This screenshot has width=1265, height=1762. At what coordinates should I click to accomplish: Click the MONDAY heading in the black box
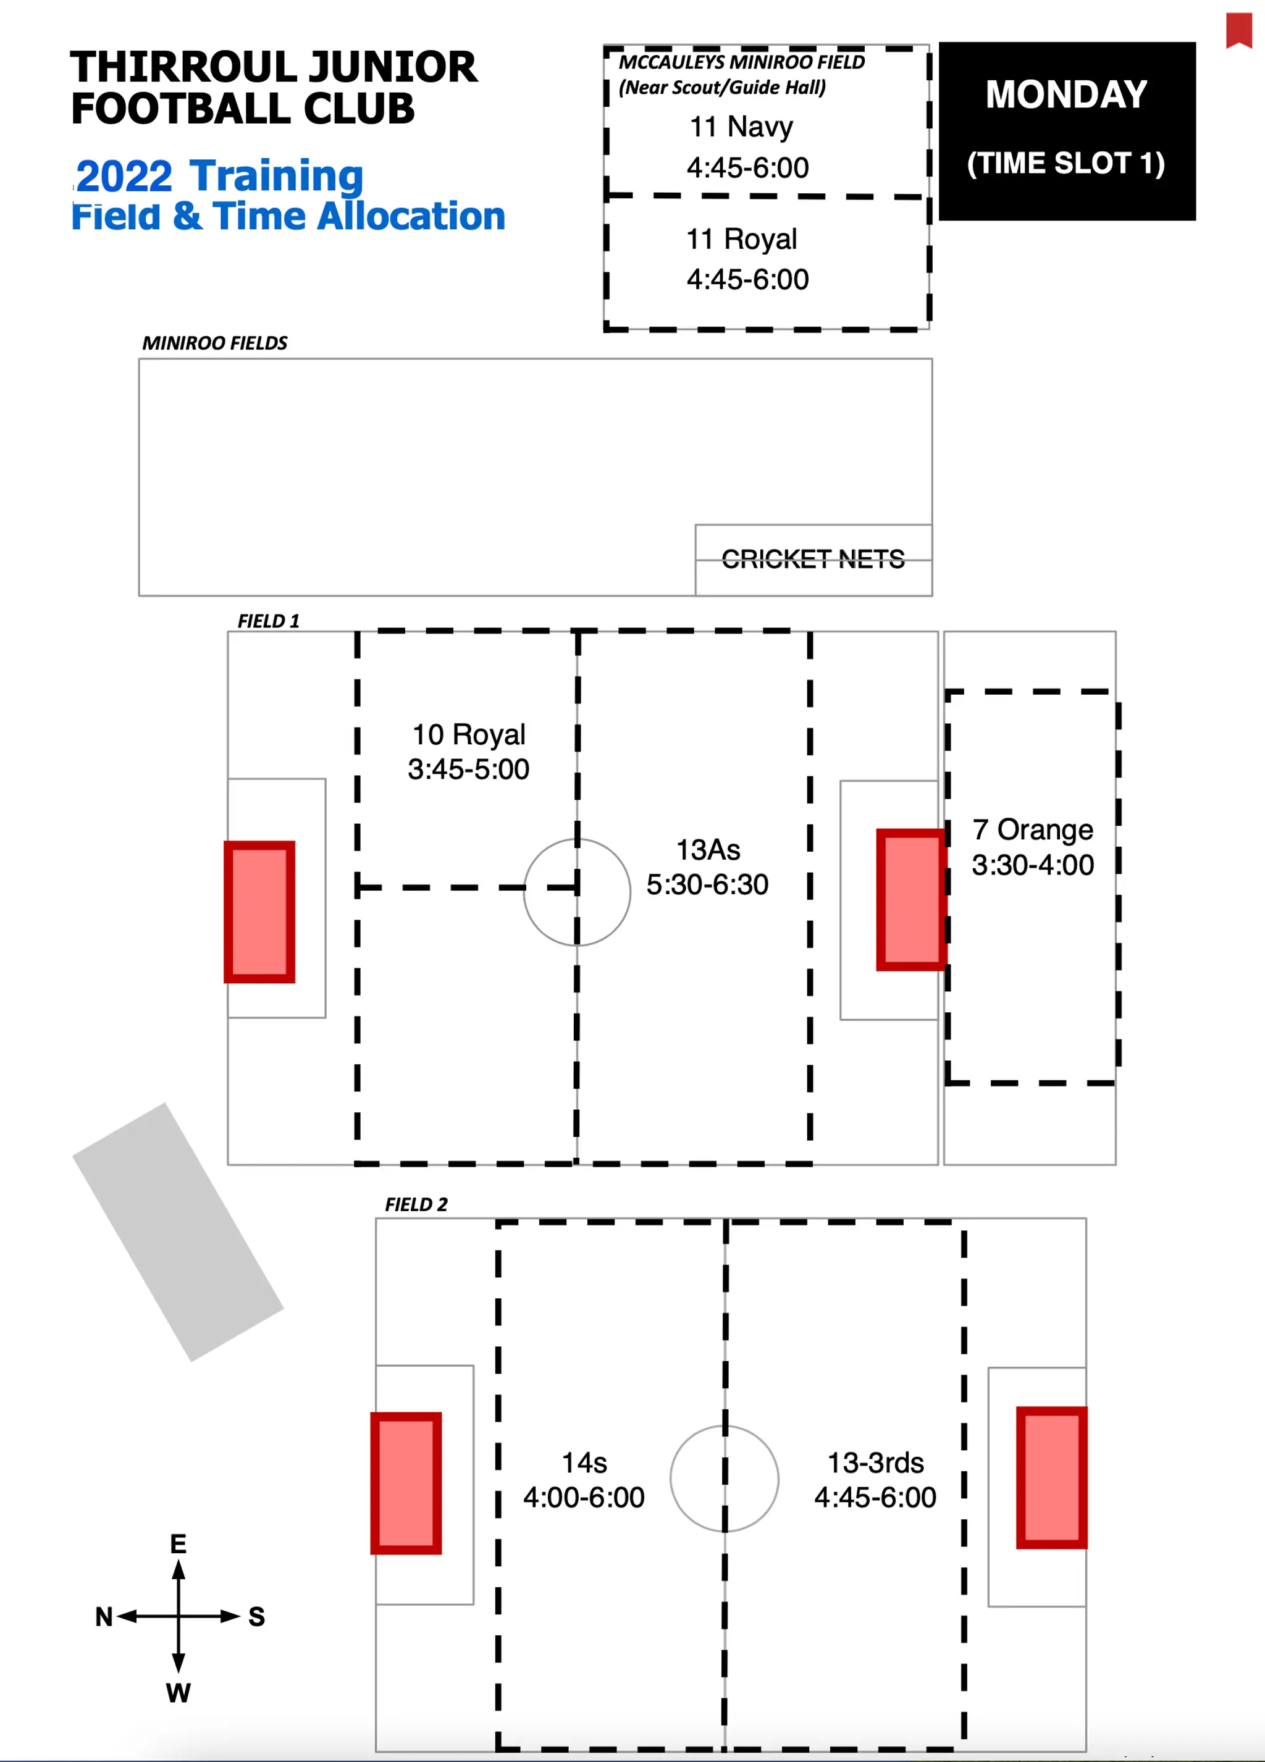click(1065, 94)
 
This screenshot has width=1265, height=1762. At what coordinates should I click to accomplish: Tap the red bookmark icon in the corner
click(1238, 30)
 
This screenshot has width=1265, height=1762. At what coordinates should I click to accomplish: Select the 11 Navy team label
click(741, 127)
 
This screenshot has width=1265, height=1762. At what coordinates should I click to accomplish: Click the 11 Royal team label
click(741, 239)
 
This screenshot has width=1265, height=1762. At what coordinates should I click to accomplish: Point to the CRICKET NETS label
click(813, 558)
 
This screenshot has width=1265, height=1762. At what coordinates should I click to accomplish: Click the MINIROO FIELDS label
click(214, 343)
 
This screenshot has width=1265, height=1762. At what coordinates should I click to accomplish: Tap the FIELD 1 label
click(268, 621)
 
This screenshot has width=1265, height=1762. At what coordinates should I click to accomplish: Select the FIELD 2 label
click(416, 1204)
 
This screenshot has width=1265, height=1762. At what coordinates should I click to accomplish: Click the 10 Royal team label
click(469, 734)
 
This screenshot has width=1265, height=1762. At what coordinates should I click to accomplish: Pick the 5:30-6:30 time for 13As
click(707, 884)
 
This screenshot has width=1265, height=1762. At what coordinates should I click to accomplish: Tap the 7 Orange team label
click(1032, 829)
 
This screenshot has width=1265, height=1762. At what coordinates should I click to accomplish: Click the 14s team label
click(584, 1463)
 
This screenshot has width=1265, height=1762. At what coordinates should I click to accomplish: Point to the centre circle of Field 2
click(724, 1479)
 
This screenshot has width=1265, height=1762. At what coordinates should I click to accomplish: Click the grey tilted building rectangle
click(178, 1231)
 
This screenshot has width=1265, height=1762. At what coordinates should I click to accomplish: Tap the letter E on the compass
click(178, 1544)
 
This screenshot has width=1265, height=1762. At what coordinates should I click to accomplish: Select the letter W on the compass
click(178, 1692)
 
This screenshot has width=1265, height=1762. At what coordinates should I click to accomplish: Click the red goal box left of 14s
click(406, 1483)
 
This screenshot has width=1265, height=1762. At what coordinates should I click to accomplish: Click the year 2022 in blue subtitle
click(124, 177)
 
